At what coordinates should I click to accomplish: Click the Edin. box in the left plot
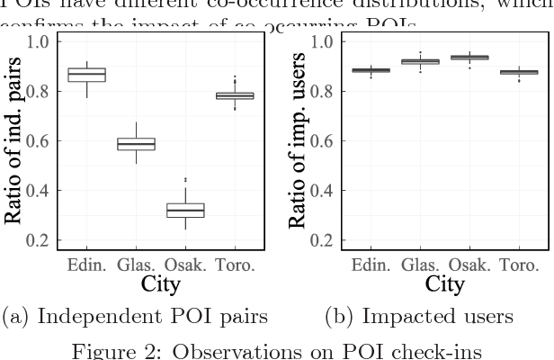(x=87, y=74)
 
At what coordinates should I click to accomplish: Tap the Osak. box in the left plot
(x=187, y=210)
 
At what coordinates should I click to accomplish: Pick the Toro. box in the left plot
(x=237, y=94)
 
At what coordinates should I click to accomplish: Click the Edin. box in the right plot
(x=371, y=69)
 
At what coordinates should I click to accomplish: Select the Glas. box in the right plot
(x=420, y=61)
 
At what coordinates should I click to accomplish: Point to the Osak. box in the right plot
(x=469, y=58)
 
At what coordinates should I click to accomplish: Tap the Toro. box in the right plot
(x=520, y=72)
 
